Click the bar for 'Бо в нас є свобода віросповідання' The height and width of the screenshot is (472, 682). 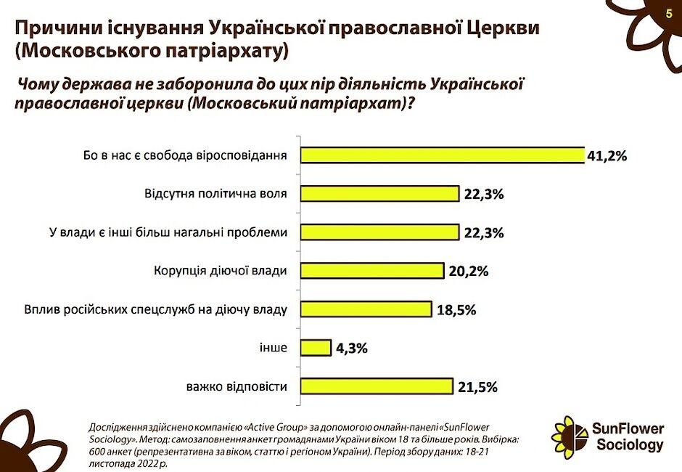[443, 155]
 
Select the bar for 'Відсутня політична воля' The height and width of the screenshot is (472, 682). [380, 194]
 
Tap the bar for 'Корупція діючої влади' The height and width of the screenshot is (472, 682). [372, 271]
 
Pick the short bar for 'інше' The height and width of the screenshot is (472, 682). [316, 348]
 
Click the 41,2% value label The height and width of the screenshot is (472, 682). [607, 156]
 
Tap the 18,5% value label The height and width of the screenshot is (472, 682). [456, 310]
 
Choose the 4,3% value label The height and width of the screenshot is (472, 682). [352, 349]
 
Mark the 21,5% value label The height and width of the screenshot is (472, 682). [477, 387]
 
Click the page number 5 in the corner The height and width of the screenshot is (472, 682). [668, 14]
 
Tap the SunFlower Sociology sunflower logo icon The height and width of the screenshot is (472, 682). [570, 436]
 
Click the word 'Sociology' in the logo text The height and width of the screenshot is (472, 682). [630, 444]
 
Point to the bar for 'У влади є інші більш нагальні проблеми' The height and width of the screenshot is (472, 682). [380, 232]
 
